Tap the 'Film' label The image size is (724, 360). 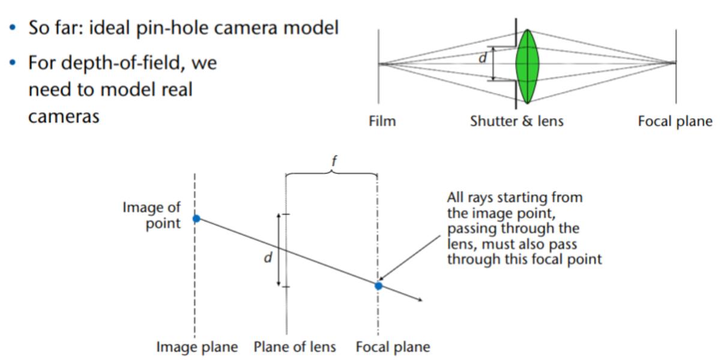point(382,122)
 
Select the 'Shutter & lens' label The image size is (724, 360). point(517,122)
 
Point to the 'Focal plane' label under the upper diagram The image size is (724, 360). point(675,122)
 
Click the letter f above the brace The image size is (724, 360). point(334,161)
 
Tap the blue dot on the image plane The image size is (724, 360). point(196,219)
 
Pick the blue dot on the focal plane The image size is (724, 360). point(378,286)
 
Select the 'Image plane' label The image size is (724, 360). point(197,347)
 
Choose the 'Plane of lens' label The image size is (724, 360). point(294,347)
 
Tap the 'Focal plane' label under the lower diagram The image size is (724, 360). point(393,347)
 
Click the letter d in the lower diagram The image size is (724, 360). point(268,257)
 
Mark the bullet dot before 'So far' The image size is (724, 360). point(13,28)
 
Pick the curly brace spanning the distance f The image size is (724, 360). point(331,173)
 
